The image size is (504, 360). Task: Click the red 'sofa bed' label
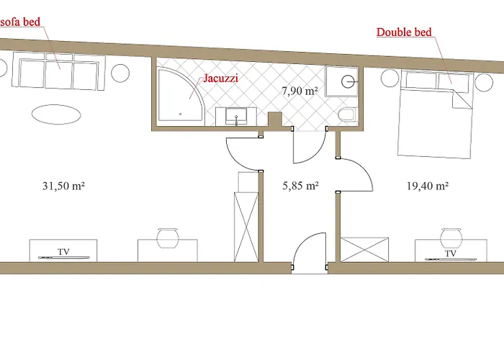point(20,22)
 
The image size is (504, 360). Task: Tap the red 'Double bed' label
point(404,32)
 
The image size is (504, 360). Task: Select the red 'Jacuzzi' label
point(221,78)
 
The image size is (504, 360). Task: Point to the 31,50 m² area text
point(63,186)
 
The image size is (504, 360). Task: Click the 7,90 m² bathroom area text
point(300,91)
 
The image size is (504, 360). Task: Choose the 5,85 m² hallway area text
point(300,186)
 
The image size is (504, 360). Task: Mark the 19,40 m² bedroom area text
point(428,186)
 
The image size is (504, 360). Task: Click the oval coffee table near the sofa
point(56,114)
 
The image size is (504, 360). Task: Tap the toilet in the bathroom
point(346,114)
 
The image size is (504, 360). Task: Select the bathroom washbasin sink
point(236,116)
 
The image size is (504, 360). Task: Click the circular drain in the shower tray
point(348,82)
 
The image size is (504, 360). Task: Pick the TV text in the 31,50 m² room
point(63,252)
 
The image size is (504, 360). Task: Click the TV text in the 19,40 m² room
point(451,253)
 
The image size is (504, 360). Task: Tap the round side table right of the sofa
point(120,73)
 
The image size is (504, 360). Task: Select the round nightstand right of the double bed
point(484,82)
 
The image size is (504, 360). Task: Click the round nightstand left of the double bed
point(390,78)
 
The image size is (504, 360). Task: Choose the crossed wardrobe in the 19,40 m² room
point(364,250)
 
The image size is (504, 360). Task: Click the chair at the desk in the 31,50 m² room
point(168,238)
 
